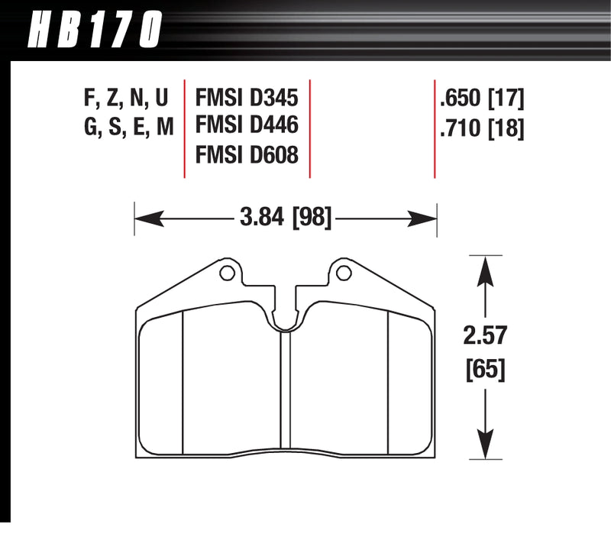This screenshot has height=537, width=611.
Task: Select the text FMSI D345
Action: coord(247,98)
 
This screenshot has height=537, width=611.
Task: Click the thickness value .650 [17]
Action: coord(481,98)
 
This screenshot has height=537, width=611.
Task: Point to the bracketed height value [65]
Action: coord(483,371)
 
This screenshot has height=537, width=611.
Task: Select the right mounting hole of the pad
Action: coord(344,272)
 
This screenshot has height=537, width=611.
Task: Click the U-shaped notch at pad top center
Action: coord(286,317)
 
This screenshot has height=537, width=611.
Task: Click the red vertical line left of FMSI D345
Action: coord(186,127)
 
